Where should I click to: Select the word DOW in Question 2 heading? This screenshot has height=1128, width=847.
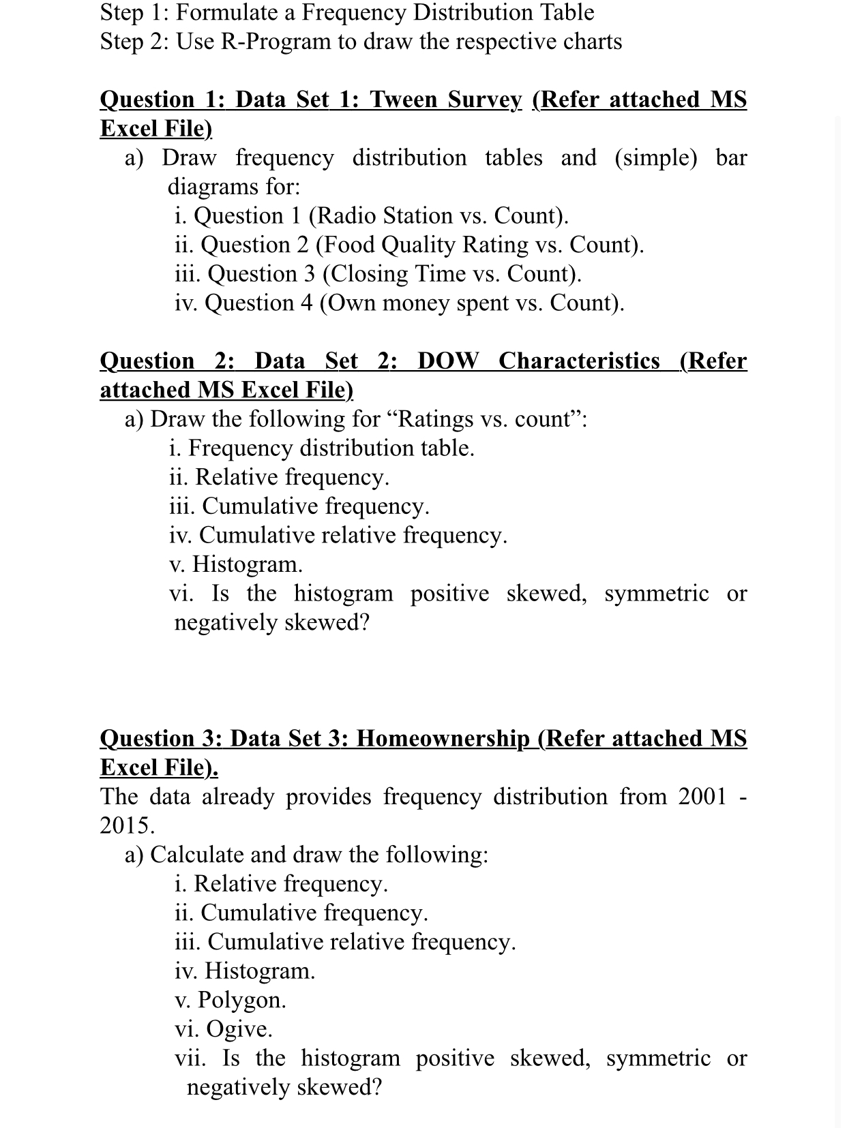click(x=448, y=361)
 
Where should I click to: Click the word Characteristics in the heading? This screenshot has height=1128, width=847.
click(x=579, y=361)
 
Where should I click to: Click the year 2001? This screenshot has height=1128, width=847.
click(x=702, y=796)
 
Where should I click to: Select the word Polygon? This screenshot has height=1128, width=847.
click(x=241, y=1000)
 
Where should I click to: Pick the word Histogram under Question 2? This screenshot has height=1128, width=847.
click(x=247, y=564)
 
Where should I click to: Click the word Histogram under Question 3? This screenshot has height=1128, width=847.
click(x=260, y=971)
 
